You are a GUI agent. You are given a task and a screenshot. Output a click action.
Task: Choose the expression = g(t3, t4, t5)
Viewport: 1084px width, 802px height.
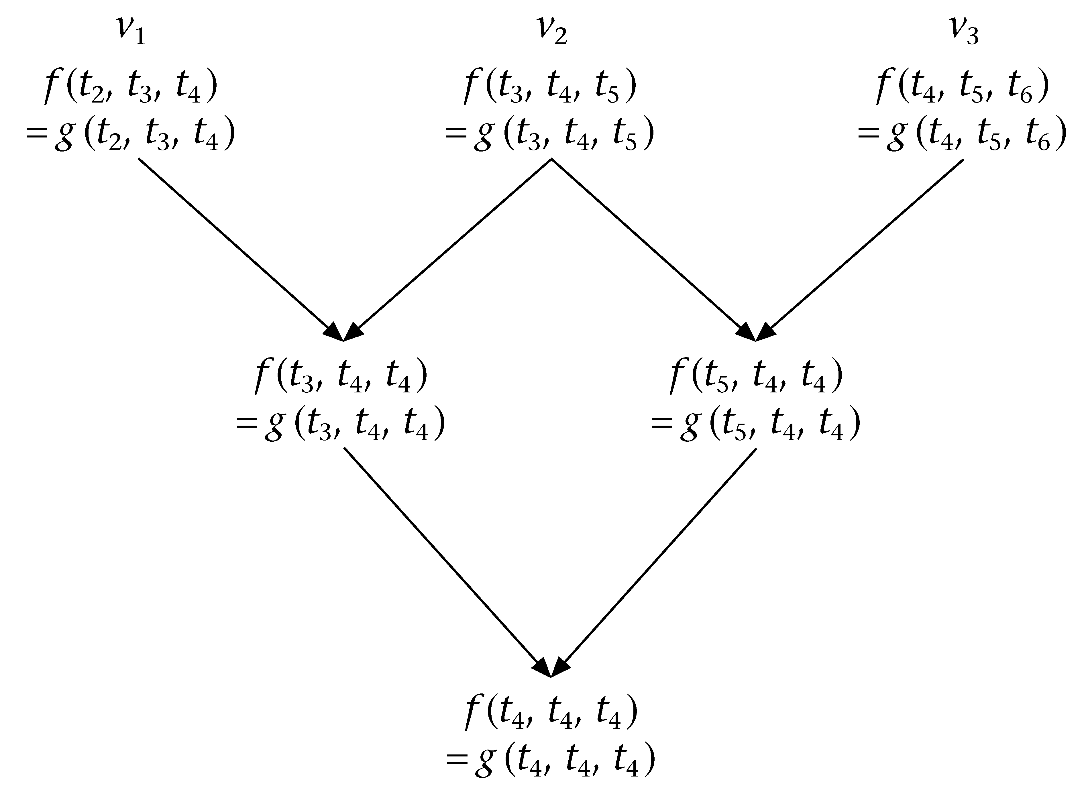point(550,135)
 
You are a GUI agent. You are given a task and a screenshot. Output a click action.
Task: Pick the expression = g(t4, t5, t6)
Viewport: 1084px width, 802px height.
point(962,135)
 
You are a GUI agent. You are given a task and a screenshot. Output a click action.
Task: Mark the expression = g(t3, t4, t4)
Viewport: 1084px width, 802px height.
point(341,424)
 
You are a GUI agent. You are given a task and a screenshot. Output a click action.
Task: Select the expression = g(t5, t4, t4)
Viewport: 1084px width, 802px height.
point(756,424)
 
